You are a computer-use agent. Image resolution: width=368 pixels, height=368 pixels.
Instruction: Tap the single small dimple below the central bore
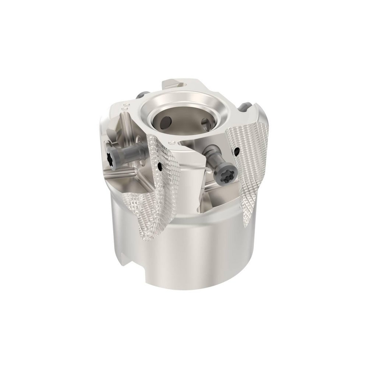click(171, 142)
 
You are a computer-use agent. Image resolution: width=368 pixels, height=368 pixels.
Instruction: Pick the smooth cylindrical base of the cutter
click(188, 258)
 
